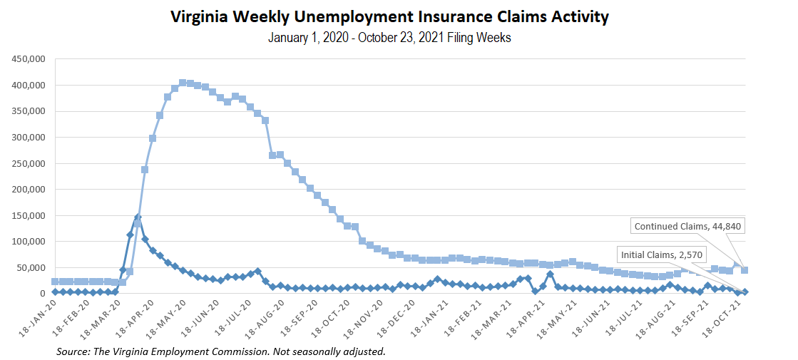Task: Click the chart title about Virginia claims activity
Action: (x=389, y=17)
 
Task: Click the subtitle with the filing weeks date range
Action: (x=389, y=38)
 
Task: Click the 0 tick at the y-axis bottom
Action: (x=44, y=294)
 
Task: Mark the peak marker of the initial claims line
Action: (x=138, y=217)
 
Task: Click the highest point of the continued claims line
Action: (x=183, y=83)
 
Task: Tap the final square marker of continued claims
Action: (x=745, y=270)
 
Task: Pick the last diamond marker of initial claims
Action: (x=745, y=292)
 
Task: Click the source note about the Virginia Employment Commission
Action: (x=221, y=352)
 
